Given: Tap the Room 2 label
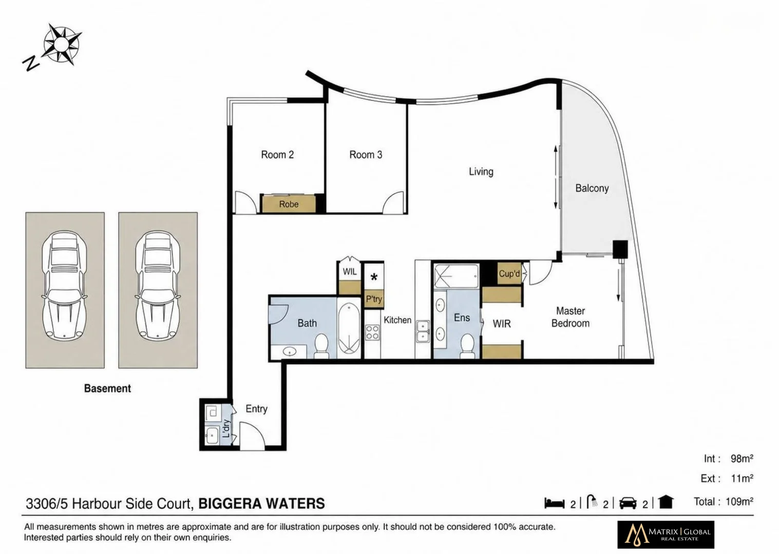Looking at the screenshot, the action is pos(277,154).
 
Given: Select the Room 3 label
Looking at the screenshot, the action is pos(366,154).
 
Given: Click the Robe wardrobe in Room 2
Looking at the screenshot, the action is pos(289,204).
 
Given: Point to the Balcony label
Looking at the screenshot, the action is pos(592,188).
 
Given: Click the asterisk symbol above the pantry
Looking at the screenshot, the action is pos(374,278).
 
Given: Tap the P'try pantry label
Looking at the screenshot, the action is pos(374,299).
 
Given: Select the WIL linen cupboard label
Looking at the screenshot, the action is pos(350,272).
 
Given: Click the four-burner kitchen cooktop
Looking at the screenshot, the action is pos(372,332).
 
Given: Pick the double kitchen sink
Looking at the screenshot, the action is pos(423,331).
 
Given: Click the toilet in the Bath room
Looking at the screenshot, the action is pos(321,346).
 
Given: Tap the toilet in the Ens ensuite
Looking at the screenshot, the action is pos(467,346).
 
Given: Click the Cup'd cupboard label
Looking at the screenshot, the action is pos(509,274).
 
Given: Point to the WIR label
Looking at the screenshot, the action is pos(502,324).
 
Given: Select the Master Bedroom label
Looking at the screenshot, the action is pos(571,317).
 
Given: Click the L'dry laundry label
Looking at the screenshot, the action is pos(226,428).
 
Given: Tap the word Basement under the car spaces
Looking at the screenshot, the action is pos(107,388).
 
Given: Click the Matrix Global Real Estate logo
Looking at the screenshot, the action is pos(666,534).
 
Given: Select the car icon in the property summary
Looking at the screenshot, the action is pos(628,503).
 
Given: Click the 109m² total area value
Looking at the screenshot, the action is pos(739,502).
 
